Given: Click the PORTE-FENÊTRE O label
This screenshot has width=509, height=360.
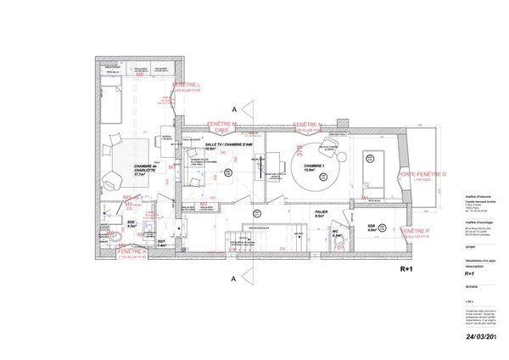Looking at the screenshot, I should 422,175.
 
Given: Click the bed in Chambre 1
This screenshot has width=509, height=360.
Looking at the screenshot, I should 372,169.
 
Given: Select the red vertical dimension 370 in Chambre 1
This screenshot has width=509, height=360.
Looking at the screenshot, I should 299,149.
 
